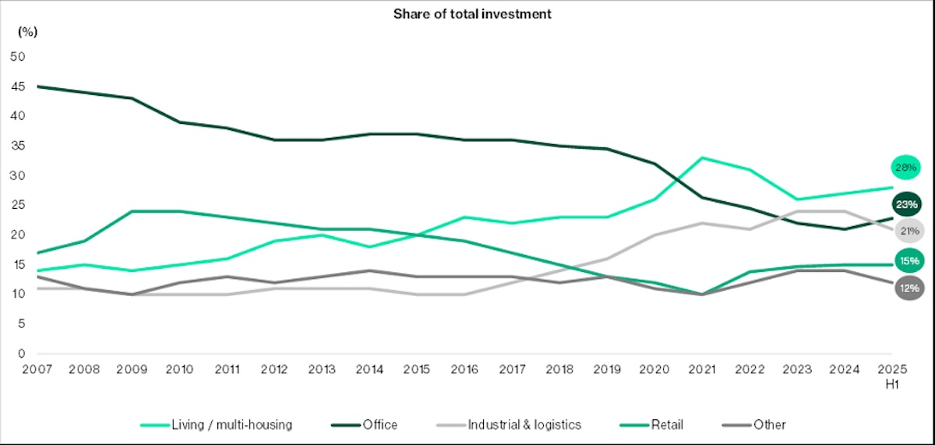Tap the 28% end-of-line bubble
click(x=908, y=168)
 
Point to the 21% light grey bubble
click(x=908, y=231)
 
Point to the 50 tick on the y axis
click(x=18, y=56)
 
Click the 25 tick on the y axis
click(x=18, y=205)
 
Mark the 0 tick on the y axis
click(x=21, y=353)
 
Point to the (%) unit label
click(x=28, y=32)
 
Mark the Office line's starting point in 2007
click(x=37, y=87)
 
